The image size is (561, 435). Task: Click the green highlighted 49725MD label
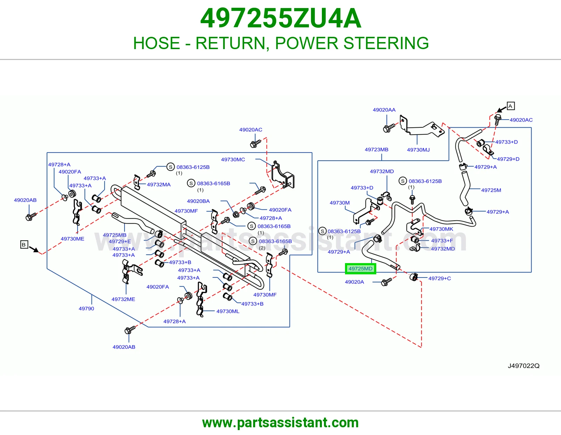pyautogui.click(x=360, y=269)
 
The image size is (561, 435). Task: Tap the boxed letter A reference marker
pyautogui.click(x=511, y=106)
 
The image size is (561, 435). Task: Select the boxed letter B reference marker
pyautogui.click(x=24, y=245)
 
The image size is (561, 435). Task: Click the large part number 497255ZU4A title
pyautogui.click(x=280, y=18)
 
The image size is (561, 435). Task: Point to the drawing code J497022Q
pyautogui.click(x=523, y=366)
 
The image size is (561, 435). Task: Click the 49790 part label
pyautogui.click(x=86, y=308)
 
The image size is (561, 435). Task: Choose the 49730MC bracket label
pyautogui.click(x=233, y=159)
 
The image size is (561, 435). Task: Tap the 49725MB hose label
pyautogui.click(x=115, y=235)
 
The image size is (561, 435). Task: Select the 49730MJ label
pyautogui.click(x=418, y=150)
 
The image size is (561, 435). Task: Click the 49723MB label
pyautogui.click(x=377, y=149)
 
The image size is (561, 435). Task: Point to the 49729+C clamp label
pyautogui.click(x=440, y=278)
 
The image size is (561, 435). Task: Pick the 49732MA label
pyautogui.click(x=159, y=185)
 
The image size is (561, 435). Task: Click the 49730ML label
pyautogui.click(x=228, y=311)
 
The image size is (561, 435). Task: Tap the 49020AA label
pyautogui.click(x=384, y=110)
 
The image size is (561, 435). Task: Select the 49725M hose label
pyautogui.click(x=491, y=190)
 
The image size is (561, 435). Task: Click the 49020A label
pyautogui.click(x=354, y=282)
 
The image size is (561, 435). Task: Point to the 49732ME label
pyautogui.click(x=123, y=299)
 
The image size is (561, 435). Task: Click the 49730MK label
pyautogui.click(x=441, y=229)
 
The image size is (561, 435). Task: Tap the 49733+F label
pyautogui.click(x=442, y=241)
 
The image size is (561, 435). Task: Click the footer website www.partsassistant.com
pyautogui.click(x=280, y=423)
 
